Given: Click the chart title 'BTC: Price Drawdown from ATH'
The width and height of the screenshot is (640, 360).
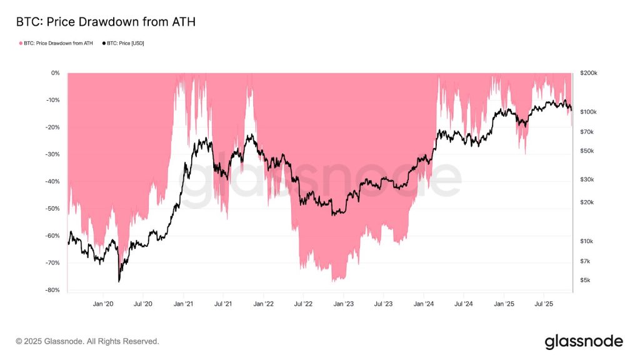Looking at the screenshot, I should pos(106,22).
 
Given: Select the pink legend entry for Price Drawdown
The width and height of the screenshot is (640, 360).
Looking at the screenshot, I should pos(56,43).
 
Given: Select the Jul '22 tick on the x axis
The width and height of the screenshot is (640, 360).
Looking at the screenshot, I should pos(303,304).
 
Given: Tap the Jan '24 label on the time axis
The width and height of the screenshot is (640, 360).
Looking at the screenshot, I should pos(424,304).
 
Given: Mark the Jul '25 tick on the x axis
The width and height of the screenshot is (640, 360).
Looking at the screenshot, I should pos(544,304).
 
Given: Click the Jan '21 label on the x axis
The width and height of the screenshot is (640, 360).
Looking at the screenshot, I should pos(183,304).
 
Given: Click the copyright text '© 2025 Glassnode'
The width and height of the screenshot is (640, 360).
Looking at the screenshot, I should pos(87,342).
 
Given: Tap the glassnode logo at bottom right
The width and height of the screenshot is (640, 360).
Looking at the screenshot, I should pos(584,341).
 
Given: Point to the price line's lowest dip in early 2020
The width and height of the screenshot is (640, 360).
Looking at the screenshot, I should pos(118,281).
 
